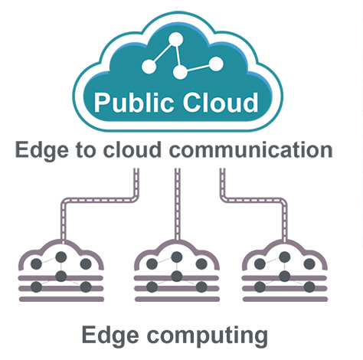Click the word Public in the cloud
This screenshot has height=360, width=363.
[x=133, y=103]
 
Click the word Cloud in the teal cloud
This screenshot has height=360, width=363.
[x=221, y=102]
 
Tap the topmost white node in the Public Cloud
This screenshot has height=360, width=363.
[x=175, y=40]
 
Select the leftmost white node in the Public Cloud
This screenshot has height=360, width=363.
[x=149, y=67]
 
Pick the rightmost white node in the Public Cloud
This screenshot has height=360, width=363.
[x=216, y=64]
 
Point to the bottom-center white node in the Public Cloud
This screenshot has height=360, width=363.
[x=180, y=72]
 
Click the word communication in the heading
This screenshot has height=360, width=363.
[x=250, y=149]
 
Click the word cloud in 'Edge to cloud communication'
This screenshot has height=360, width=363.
[x=132, y=149]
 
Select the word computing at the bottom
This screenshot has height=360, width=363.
[x=208, y=336]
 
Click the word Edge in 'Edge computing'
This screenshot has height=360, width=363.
[x=110, y=336]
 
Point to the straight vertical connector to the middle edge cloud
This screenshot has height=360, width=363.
[x=178, y=205]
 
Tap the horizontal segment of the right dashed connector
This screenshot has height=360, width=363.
[x=253, y=200]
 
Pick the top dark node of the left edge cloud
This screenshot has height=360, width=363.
[x=61, y=257]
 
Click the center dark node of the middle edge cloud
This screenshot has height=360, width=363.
[x=177, y=277]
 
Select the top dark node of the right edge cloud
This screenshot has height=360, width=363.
[x=285, y=257]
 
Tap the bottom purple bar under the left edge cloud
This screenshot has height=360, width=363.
[x=61, y=299]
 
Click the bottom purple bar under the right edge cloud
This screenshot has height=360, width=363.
[x=286, y=299]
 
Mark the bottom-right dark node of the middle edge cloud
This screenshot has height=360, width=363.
[x=201, y=287]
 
